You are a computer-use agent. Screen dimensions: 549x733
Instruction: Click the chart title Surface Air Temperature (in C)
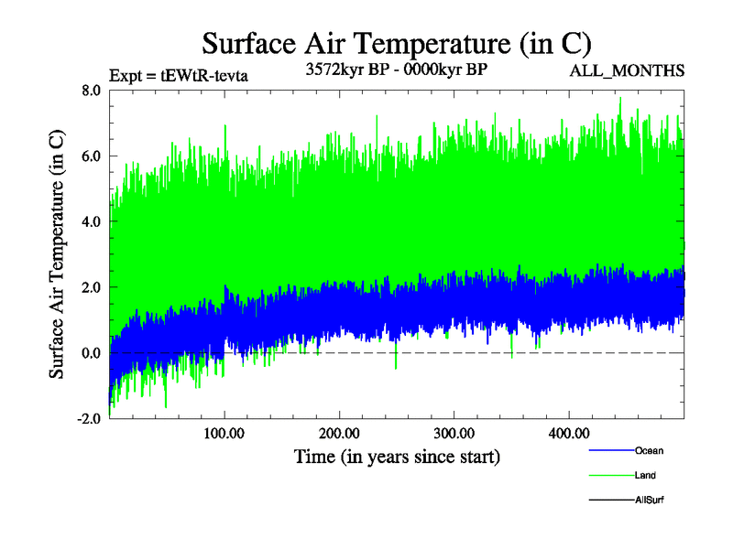pos(396,44)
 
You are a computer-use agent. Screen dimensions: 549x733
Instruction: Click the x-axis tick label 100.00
pos(224,433)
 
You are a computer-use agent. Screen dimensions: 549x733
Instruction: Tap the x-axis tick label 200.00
pos(339,433)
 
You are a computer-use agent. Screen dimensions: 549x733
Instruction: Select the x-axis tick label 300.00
pos(454,433)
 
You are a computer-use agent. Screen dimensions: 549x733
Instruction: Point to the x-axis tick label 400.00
pos(568,433)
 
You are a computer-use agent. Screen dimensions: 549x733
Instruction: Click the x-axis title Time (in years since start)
pos(397,455)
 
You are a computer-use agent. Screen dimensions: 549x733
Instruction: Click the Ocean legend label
pos(649,450)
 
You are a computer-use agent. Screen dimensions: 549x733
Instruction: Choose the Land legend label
pos(645,475)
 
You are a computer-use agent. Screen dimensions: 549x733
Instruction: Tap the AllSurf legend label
pos(650,500)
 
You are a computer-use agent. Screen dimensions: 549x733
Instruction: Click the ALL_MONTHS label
pos(627,70)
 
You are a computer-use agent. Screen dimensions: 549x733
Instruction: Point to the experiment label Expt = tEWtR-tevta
pos(179,75)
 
